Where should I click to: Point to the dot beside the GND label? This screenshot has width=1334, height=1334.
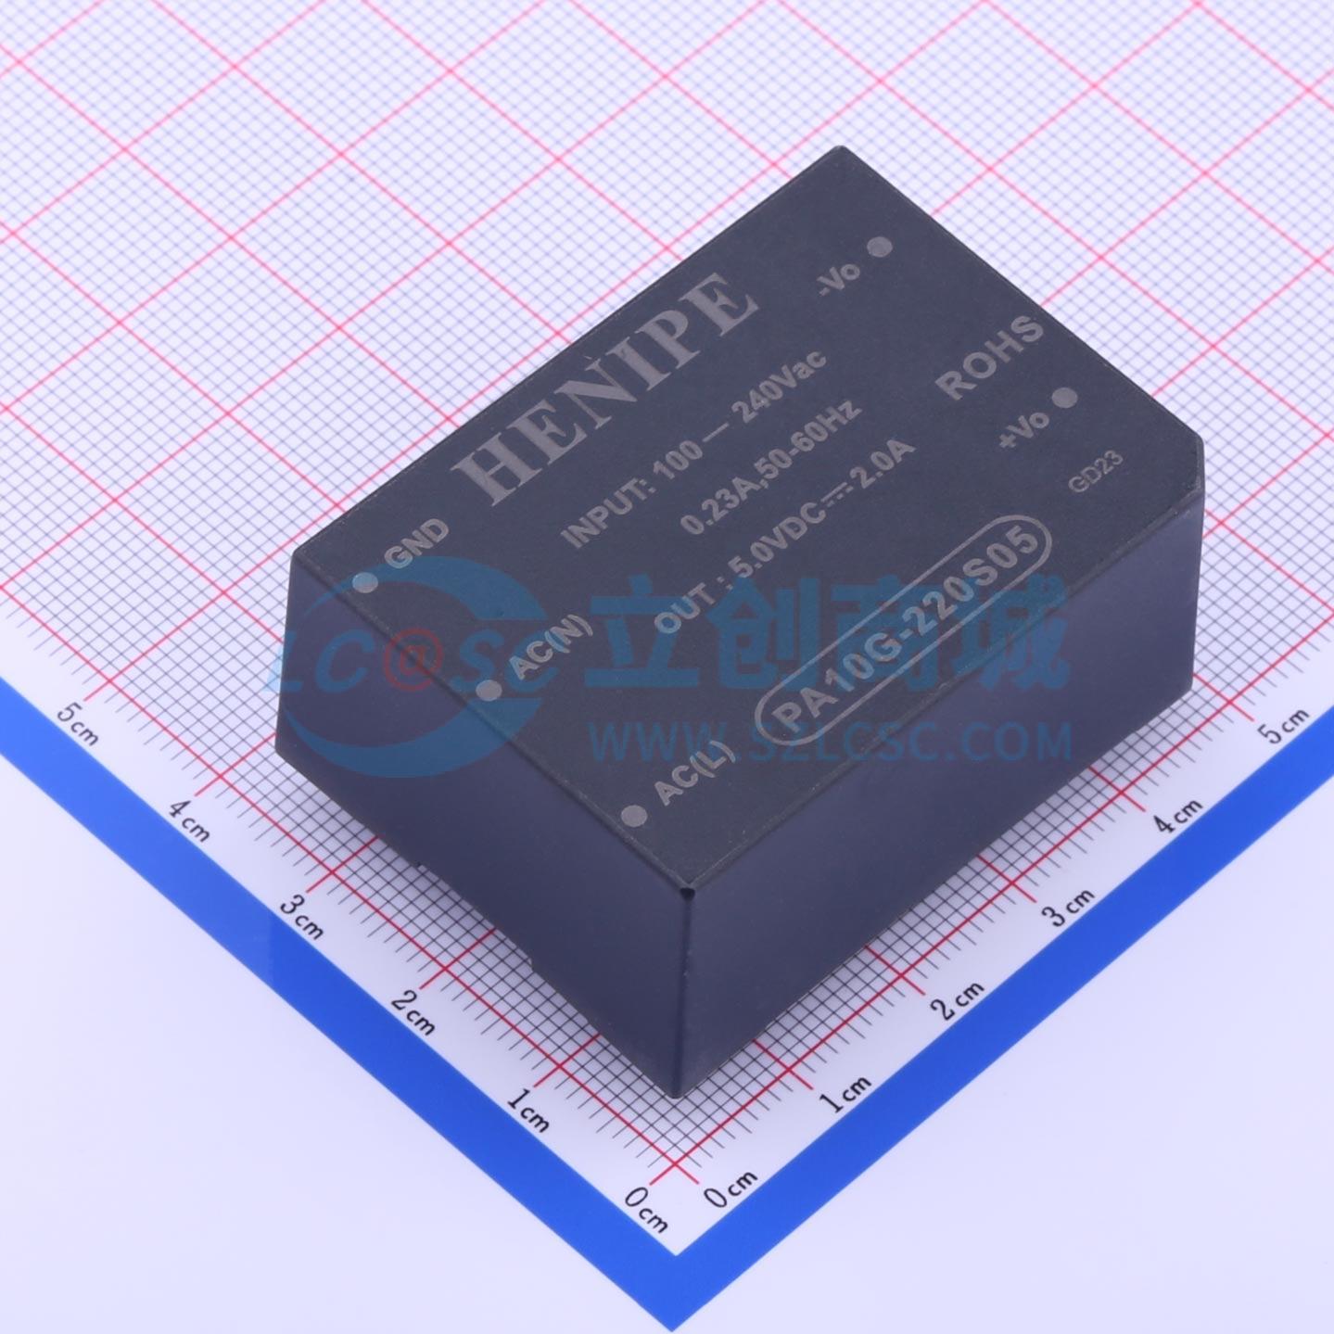[x=365, y=582]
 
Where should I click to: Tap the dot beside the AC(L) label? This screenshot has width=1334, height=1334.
[x=636, y=816]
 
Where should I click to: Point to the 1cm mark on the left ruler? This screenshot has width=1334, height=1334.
[x=528, y=1109]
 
